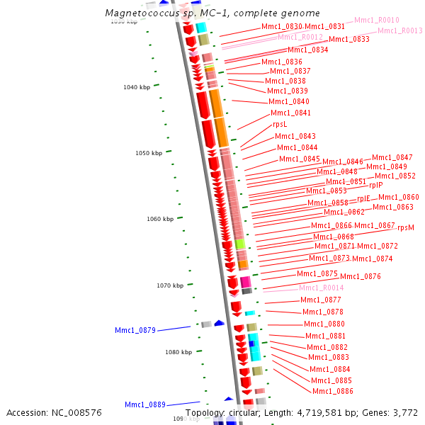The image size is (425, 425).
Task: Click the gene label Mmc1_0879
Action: [135, 330]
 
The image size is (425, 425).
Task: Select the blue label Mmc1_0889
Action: [145, 405]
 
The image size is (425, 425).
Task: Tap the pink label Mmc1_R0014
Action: [321, 288]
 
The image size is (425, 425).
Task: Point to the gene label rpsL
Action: [280, 125]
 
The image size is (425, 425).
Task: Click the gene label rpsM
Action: [406, 228]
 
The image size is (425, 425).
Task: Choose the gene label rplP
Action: [375, 186]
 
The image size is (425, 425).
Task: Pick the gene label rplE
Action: [363, 199]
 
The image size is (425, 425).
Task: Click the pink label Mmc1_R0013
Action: [399, 31]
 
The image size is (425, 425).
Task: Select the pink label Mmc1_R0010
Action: [377, 21]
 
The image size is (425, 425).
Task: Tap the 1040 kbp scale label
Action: [137, 87]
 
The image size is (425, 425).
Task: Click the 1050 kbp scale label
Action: [149, 153]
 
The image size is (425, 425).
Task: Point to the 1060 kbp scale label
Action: [160, 220]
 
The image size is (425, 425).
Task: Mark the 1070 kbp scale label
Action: [170, 285]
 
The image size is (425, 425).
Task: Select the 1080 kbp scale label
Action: [178, 352]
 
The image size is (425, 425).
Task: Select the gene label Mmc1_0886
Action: [332, 392]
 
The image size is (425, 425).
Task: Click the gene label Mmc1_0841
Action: [290, 113]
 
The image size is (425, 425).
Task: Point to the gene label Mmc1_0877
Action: [320, 300]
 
